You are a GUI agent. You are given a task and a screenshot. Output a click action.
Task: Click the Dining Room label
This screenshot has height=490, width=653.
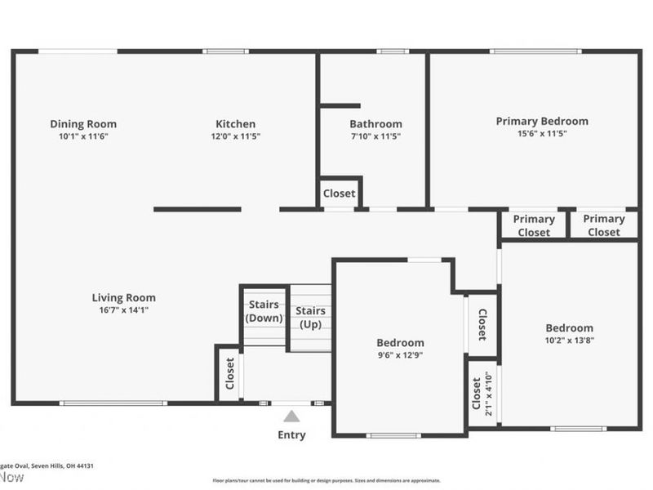[x=83, y=124]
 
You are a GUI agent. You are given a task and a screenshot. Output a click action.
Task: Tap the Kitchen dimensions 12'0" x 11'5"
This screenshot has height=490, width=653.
[x=235, y=136]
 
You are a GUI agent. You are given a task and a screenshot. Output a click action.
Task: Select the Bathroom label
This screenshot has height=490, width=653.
[x=375, y=124]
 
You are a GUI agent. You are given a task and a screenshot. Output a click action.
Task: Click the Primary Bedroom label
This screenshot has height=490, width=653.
[x=542, y=121]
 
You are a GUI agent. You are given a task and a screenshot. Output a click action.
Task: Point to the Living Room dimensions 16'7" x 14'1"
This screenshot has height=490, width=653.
[x=123, y=310]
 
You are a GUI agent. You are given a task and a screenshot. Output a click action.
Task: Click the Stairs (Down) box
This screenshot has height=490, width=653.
[x=264, y=312]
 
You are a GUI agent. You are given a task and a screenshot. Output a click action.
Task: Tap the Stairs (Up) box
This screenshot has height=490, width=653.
[x=311, y=317]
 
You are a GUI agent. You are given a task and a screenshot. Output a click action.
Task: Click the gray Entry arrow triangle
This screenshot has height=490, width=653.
[x=291, y=416]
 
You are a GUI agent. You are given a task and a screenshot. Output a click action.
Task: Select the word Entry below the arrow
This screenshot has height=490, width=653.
[x=291, y=434]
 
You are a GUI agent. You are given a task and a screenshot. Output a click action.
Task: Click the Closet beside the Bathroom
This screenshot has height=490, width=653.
[x=339, y=194]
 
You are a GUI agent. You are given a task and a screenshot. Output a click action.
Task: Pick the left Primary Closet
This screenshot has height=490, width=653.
[x=534, y=225]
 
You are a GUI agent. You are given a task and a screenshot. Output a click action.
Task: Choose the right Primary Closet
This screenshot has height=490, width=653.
[x=604, y=225]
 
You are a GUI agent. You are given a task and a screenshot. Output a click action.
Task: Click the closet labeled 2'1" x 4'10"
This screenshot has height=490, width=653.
[x=482, y=394]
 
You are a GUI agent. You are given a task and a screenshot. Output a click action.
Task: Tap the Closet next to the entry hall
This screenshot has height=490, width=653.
[x=230, y=375]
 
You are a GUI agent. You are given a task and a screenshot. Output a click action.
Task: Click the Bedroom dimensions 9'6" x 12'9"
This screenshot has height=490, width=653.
[x=400, y=355]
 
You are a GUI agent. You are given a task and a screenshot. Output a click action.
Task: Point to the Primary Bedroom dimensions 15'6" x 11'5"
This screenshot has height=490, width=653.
[x=542, y=133]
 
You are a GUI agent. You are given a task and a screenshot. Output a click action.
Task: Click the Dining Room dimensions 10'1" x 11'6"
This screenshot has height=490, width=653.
[x=83, y=136]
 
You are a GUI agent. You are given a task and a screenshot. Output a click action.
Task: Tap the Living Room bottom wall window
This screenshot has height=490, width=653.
[x=113, y=403]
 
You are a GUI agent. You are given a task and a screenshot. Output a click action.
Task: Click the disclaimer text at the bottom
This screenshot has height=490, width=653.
[x=326, y=481]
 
